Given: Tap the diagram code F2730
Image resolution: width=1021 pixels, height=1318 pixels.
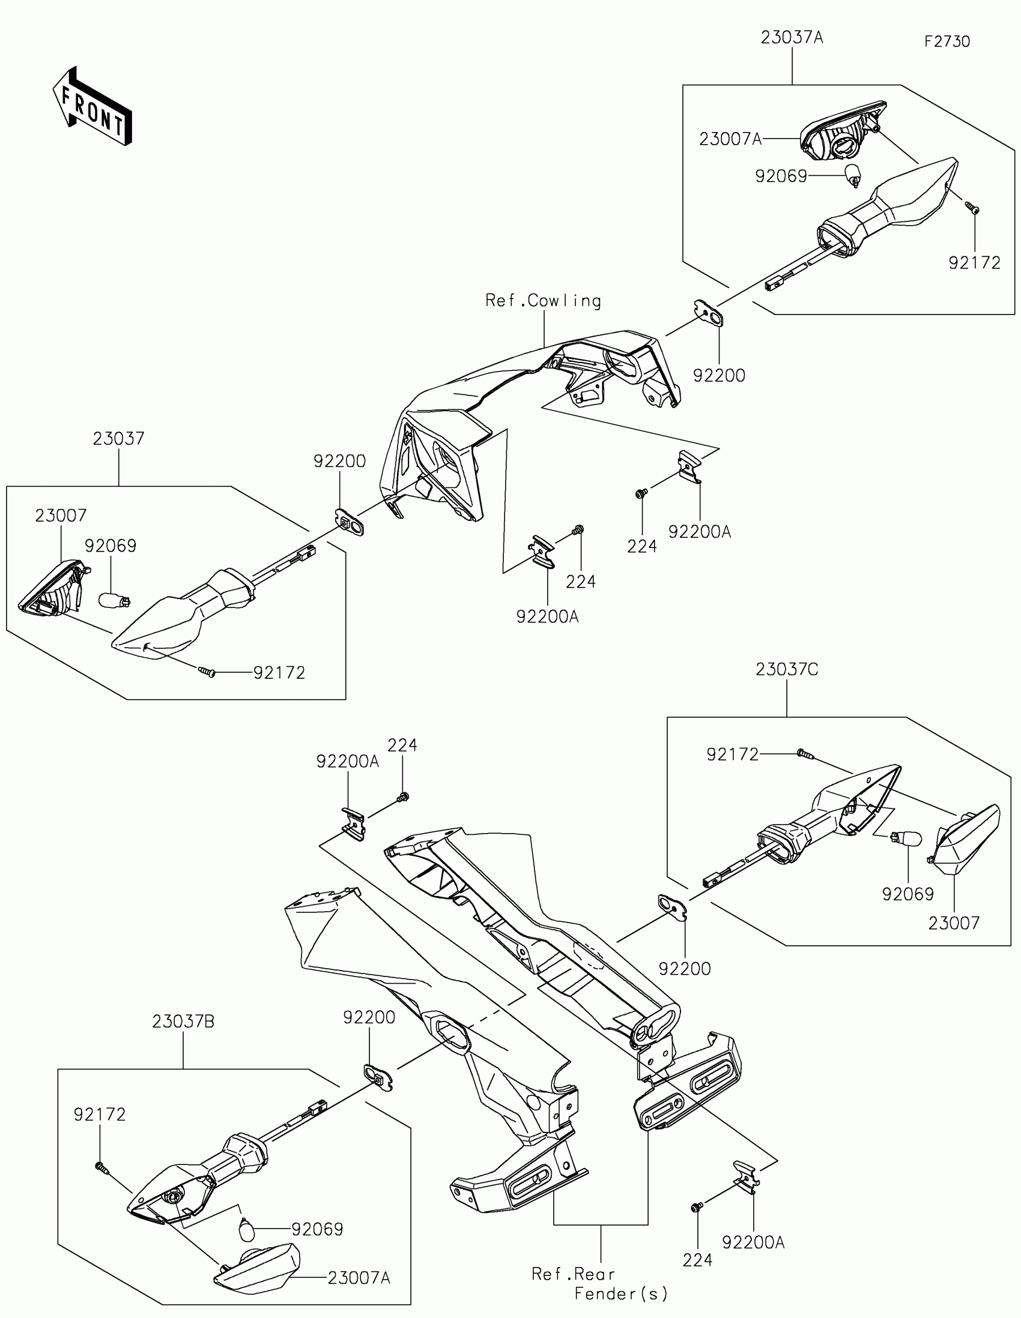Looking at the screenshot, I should coord(947,41).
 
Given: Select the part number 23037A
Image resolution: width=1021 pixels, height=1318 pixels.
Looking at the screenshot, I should coord(792,37).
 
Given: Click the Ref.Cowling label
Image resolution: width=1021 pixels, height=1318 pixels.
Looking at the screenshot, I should coord(543,301).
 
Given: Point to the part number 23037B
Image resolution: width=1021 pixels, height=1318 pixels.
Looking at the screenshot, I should coord(183,1022).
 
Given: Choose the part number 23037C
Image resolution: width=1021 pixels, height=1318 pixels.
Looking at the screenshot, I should coord(787,669).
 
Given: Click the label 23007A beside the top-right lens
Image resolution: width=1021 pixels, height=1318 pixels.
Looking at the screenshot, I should coord(730,139).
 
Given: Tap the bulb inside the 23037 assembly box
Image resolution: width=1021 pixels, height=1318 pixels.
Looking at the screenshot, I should coord(114,600).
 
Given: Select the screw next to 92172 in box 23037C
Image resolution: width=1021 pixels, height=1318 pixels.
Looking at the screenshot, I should coord(804,753).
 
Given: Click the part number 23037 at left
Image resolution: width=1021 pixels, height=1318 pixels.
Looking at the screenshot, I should coord(118,439).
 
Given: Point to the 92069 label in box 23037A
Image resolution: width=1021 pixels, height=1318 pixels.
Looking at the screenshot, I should coord(781,176).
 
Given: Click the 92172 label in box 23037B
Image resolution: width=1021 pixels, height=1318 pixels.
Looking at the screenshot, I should coord(100,1115).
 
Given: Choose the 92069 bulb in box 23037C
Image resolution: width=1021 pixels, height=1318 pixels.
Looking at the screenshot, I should coord(909,838).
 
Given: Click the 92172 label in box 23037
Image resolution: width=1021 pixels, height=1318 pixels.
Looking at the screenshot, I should coord(279,673).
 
